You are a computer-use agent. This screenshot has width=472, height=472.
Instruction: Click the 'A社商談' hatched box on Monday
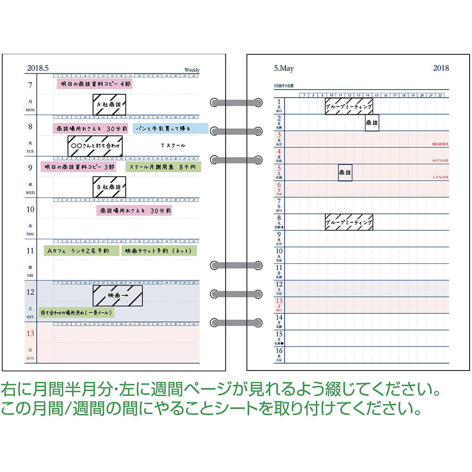pyautogui.click(x=109, y=104)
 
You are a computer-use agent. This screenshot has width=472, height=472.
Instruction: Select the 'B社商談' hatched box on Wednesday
pyautogui.click(x=109, y=187)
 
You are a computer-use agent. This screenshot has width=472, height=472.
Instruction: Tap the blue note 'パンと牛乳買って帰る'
pyautogui.click(x=170, y=128)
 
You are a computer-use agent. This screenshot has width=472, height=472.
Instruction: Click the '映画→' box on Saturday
pyautogui.click(x=118, y=295)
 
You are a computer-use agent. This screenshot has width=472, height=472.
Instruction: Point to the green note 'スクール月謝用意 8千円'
pyautogui.click(x=163, y=167)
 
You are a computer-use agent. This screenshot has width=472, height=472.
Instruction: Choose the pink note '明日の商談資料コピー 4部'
pyautogui.click(x=94, y=84)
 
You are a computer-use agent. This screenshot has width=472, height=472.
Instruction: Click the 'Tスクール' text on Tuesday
pyautogui.click(x=173, y=145)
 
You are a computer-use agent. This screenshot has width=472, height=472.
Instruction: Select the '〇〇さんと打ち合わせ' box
pyautogui.click(x=95, y=146)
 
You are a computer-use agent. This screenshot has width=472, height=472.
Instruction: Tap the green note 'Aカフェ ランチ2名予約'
pyautogui.click(x=80, y=250)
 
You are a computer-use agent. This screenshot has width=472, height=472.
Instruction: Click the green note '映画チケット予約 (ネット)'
pyautogui.click(x=159, y=250)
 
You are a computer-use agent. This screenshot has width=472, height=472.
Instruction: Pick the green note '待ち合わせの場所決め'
pyautogui.click(x=76, y=312)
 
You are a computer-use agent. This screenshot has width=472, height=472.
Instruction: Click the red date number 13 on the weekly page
pyautogui.click(x=30, y=334)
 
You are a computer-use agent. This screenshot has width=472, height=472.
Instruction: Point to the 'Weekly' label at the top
pyautogui.click(x=192, y=70)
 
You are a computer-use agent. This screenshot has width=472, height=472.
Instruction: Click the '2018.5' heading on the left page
pyautogui.click(x=38, y=68)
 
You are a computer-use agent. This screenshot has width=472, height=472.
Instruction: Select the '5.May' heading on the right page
pyautogui.click(x=284, y=69)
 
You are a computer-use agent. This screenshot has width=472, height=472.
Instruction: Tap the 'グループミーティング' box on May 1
pyautogui.click(x=349, y=106)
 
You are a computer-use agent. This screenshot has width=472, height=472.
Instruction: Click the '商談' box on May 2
pyautogui.click(x=372, y=123)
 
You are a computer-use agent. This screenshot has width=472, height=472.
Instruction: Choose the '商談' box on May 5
pyautogui.click(x=345, y=173)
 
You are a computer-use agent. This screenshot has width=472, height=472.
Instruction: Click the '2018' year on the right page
pyautogui.click(x=441, y=68)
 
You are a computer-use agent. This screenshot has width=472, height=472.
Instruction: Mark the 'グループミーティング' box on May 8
pyautogui.click(x=349, y=222)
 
